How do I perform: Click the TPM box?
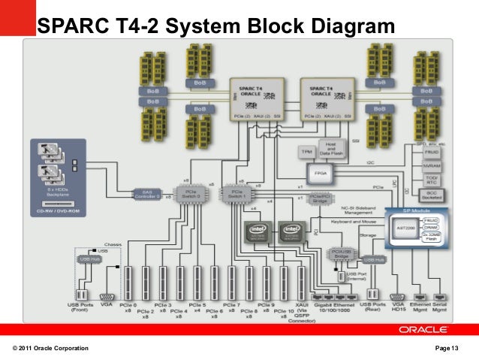(306, 152)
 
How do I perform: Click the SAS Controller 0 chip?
(147, 194)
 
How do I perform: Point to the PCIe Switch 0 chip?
(189, 193)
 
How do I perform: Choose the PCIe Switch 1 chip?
(235, 193)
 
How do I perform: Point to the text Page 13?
(451, 347)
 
